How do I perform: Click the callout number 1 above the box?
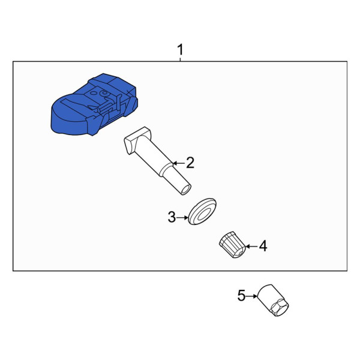click(x=181, y=49)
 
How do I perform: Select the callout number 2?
click(x=190, y=163)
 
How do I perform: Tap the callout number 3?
click(x=172, y=217)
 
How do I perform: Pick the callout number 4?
click(x=263, y=246)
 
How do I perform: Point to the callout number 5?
click(x=242, y=295)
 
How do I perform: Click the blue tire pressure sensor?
click(x=94, y=104)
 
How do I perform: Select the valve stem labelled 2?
click(x=158, y=160)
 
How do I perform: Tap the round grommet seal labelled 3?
click(x=202, y=211)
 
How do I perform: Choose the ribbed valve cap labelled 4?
click(x=232, y=245)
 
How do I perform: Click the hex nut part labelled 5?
click(x=273, y=301)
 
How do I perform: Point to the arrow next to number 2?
click(x=179, y=163)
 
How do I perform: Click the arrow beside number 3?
click(x=182, y=217)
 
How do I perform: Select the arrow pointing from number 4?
click(x=251, y=247)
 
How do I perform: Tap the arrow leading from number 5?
click(x=252, y=296)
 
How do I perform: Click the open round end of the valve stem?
click(x=186, y=190)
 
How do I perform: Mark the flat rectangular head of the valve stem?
click(x=137, y=140)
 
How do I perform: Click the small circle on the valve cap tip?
click(x=240, y=253)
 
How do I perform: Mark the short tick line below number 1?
click(x=181, y=59)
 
